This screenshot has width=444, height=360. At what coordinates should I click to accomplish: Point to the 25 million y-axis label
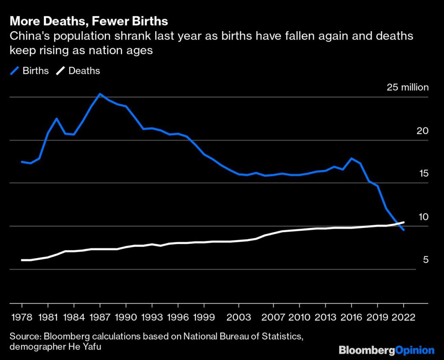tap(408, 87)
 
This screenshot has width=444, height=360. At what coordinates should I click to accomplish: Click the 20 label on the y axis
tap(422, 131)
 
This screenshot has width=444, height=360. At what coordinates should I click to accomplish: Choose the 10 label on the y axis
tap(422, 216)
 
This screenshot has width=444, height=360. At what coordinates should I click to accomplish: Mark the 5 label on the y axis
tap(426, 259)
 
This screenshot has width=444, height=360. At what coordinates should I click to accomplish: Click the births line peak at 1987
tap(100, 94)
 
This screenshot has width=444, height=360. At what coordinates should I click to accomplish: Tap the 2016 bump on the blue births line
tap(352, 158)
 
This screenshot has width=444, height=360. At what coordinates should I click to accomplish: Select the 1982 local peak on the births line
tap(56, 118)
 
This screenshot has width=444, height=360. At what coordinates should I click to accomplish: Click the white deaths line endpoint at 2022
tap(404, 222)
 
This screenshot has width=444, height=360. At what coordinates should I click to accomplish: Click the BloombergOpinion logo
tap(386, 350)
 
